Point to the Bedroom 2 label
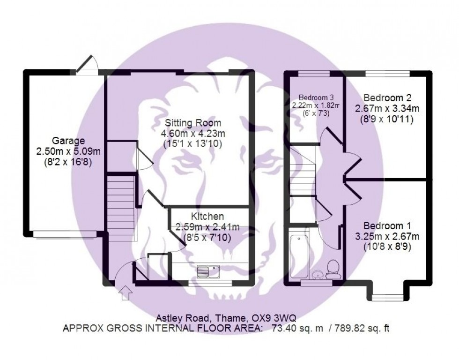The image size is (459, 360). [x=387, y=98]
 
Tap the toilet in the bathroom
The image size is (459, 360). [x=333, y=269]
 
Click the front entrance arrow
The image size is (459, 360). [x=126, y=293]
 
